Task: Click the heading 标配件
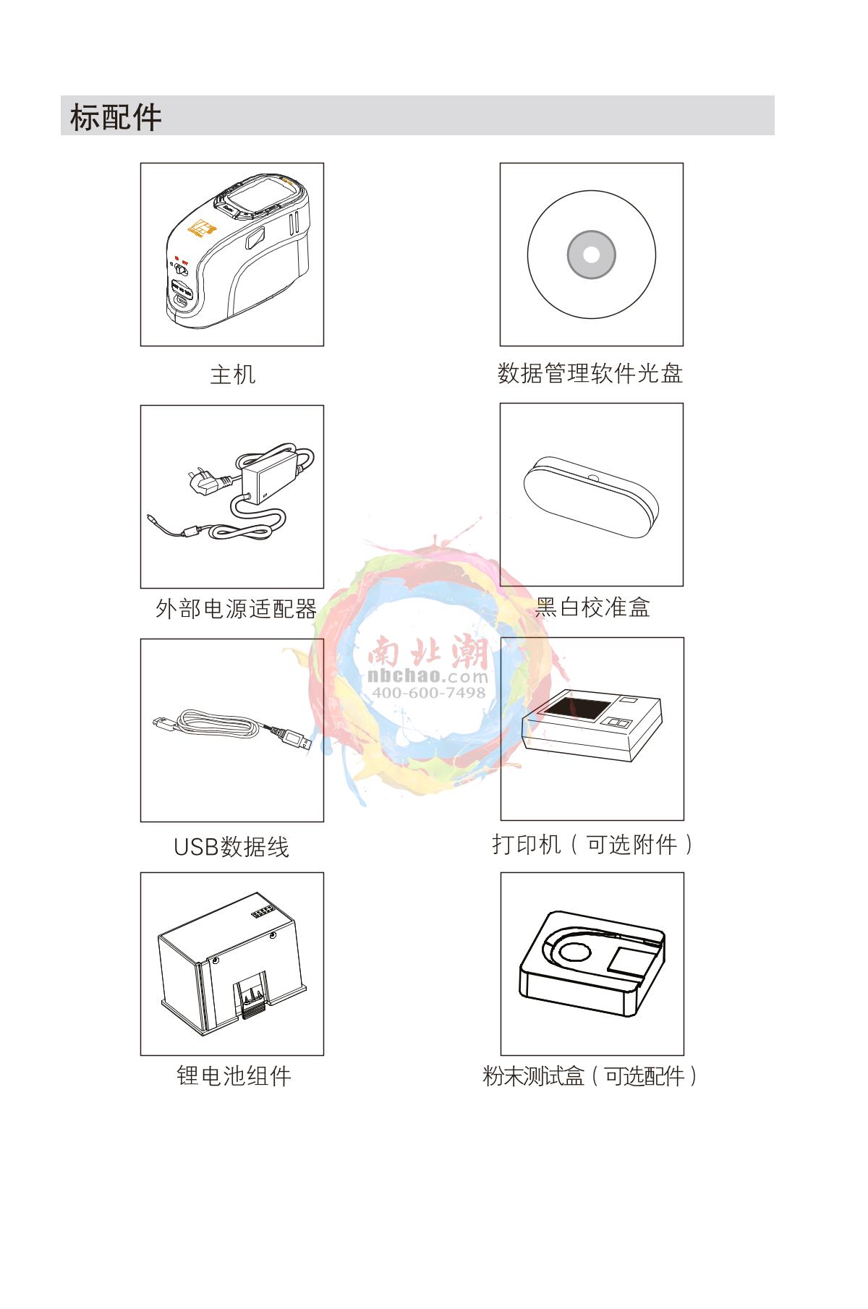(x=116, y=116)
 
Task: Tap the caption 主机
(x=232, y=375)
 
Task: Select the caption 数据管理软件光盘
(x=590, y=373)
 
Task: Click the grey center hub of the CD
(x=591, y=255)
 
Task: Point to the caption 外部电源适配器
(x=237, y=609)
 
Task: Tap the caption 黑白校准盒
(x=592, y=607)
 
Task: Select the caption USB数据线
(x=231, y=846)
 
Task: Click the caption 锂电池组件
(x=234, y=1076)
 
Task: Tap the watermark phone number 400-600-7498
(x=428, y=692)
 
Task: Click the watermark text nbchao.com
(x=428, y=676)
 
